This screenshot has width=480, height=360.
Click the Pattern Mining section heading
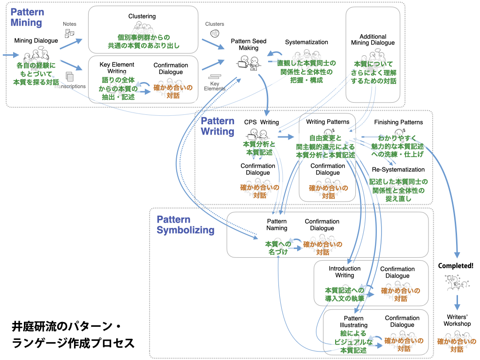click(26, 17)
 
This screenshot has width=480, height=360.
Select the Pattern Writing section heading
click(217, 126)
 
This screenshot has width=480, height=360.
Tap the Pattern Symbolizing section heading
click(185, 225)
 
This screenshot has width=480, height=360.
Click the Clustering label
click(142, 16)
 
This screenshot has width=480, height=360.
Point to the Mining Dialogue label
click(36, 40)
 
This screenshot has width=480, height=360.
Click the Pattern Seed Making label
click(248, 45)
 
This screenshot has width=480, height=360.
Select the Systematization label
click(307, 42)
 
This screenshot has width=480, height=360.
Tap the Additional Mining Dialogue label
click(373, 40)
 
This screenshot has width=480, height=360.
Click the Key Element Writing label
click(117, 67)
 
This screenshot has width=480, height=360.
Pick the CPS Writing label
click(262, 122)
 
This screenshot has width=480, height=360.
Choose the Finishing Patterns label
click(398, 122)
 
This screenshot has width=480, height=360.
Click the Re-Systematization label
click(398, 169)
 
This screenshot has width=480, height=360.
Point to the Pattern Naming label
click(277, 225)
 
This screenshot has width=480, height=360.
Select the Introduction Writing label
click(345, 272)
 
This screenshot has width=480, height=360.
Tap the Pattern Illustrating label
click(353, 322)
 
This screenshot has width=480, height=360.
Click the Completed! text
click(456, 266)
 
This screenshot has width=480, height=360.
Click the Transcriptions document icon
click(70, 76)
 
